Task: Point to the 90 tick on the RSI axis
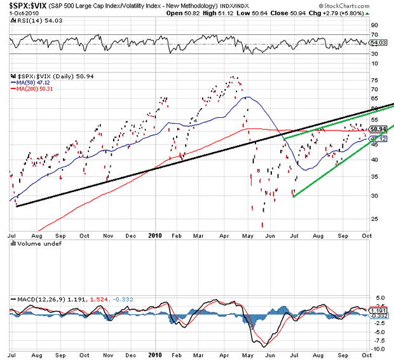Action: point(374,26)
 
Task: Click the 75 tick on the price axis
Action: point(374,80)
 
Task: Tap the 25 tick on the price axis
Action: point(374,218)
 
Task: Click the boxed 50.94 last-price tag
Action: point(378,130)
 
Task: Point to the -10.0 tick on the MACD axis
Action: point(377,349)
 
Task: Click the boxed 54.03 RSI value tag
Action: point(378,42)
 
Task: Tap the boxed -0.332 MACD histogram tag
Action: point(379,315)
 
